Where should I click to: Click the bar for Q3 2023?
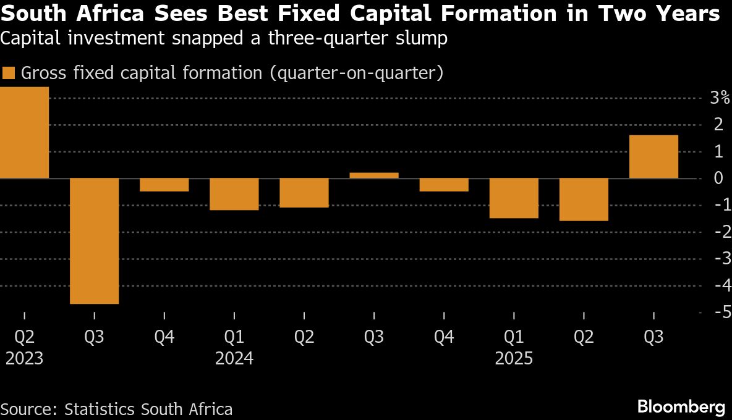point(94,241)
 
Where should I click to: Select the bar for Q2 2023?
point(24,133)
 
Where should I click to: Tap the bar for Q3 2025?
point(653,157)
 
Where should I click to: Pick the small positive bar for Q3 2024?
point(374,175)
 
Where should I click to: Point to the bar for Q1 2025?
point(514,198)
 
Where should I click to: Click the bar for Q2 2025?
point(584,199)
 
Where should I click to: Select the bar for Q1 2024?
point(234,195)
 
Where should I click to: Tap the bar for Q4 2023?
point(164,185)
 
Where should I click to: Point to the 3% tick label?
point(720,98)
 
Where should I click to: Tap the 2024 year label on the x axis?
point(234,359)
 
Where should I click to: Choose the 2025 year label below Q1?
point(514,359)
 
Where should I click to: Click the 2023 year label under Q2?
point(25,359)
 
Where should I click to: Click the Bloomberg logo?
point(681,407)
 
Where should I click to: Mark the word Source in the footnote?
point(27,409)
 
